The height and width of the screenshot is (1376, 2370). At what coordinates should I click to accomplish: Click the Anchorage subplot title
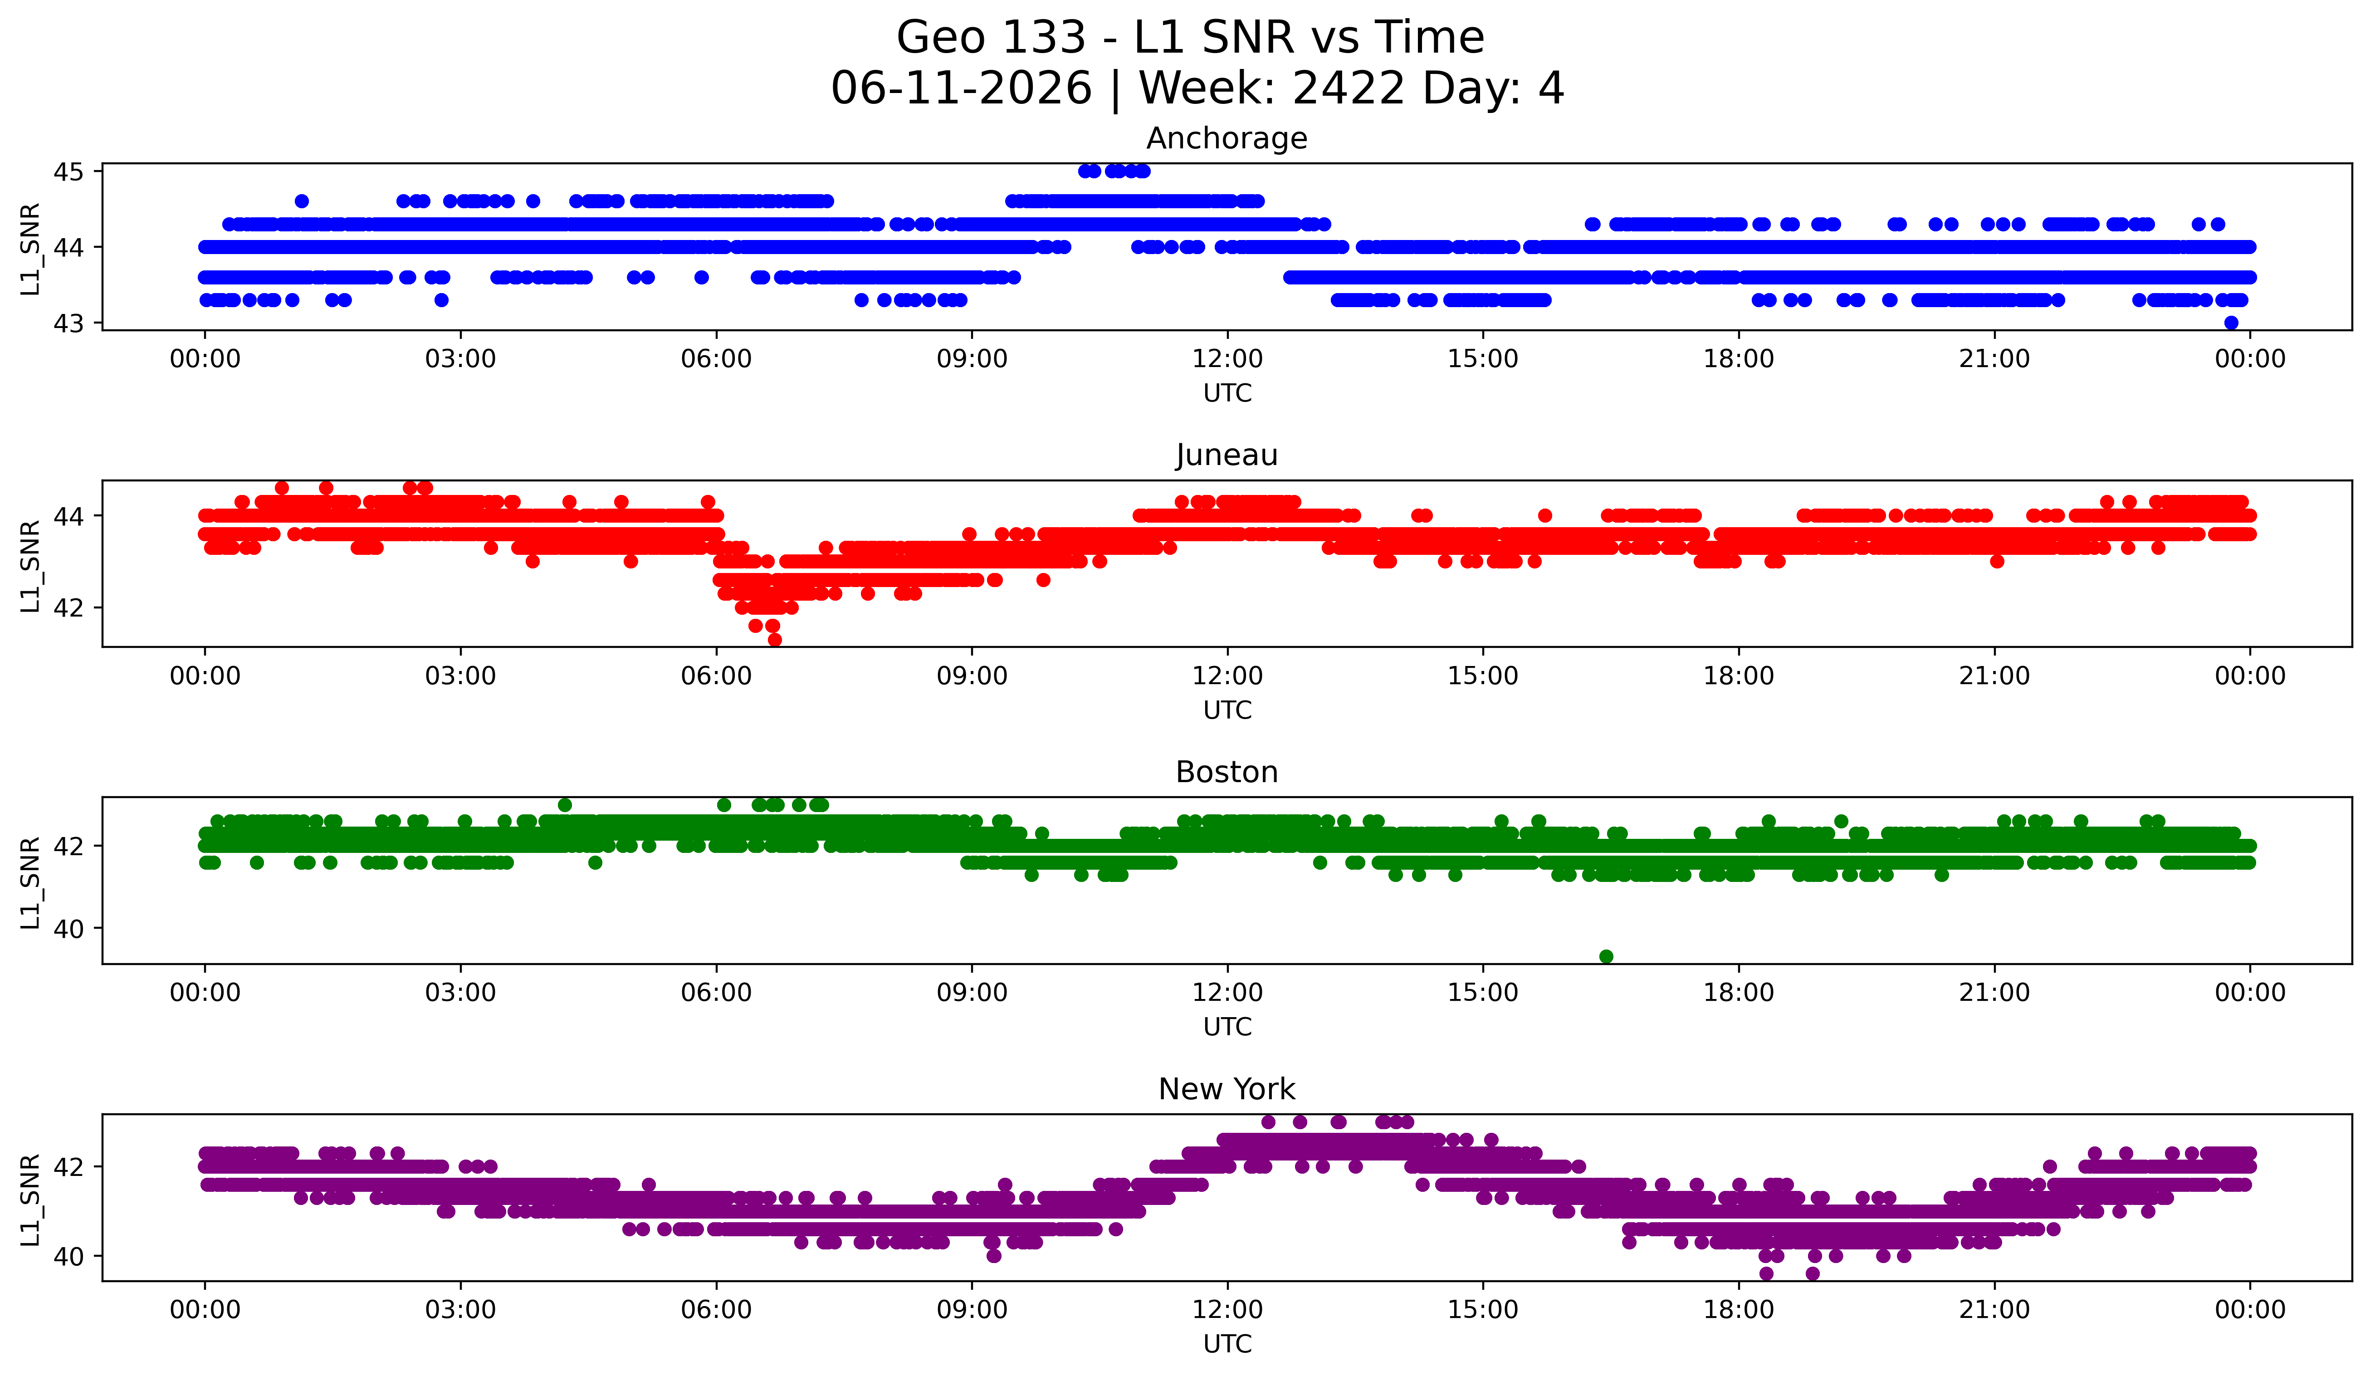[x=1227, y=138]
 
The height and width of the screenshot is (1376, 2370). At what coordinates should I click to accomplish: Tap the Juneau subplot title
[x=1227, y=455]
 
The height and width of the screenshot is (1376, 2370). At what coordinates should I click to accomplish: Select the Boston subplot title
[x=1227, y=772]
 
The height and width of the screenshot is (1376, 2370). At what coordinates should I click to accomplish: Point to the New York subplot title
[x=1227, y=1089]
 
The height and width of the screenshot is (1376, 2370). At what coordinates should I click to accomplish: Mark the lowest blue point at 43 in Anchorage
[x=2231, y=323]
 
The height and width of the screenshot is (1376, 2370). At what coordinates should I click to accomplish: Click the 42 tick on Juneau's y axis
[x=68, y=607]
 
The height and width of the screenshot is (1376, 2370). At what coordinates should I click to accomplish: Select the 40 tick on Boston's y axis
[x=68, y=928]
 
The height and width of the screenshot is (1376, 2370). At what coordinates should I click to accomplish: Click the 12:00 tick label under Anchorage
[x=1227, y=359]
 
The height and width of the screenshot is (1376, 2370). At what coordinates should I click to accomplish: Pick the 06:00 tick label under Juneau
[x=717, y=676]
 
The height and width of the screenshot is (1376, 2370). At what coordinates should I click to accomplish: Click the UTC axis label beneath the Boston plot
[x=1227, y=1027]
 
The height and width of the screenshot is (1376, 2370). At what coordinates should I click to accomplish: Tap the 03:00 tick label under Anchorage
[x=461, y=359]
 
